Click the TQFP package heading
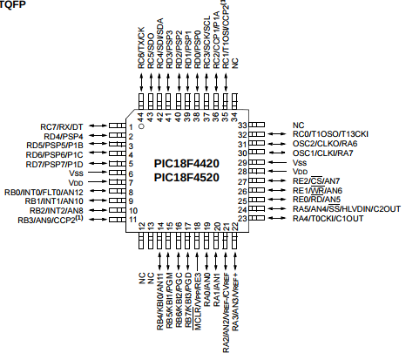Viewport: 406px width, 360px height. pos(12,4)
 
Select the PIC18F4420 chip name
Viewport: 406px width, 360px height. pos(186,164)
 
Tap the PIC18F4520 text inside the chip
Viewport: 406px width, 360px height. pos(186,178)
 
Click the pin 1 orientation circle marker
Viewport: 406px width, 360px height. pos(141,126)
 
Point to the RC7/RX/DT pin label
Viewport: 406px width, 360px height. pos(62,127)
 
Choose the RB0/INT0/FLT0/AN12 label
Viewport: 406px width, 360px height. pos(44,193)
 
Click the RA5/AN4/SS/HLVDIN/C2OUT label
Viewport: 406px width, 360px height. pos(347,209)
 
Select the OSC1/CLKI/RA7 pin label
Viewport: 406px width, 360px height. pos(322,153)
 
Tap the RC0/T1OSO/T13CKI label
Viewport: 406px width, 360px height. pos(330,134)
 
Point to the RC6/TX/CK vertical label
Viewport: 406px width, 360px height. pos(141,48)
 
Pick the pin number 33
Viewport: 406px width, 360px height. pos(242,126)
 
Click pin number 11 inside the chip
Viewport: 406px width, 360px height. pos(132,220)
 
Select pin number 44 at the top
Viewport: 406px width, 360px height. pos(141,117)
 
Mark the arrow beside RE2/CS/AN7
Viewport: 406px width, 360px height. pos(277,180)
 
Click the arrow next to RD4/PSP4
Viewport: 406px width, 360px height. pos(98,135)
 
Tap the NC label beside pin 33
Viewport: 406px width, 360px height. pos(298,126)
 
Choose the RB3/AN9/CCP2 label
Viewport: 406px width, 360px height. pos(51,220)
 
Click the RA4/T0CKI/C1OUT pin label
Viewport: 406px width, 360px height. pos(328,219)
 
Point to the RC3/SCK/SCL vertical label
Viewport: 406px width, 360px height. pos(206,43)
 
